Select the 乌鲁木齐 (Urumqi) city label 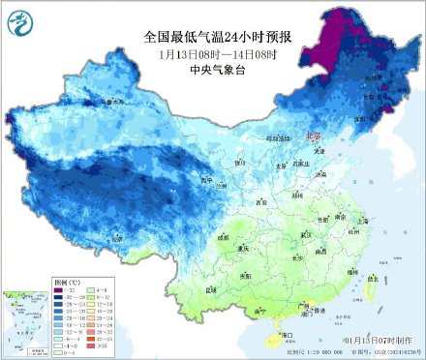pyautogui.click(x=112, y=101)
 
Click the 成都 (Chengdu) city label pyautogui.click(x=226, y=235)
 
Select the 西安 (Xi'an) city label pyautogui.click(x=260, y=202)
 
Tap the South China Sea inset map pyautogui.click(x=25, y=319)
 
